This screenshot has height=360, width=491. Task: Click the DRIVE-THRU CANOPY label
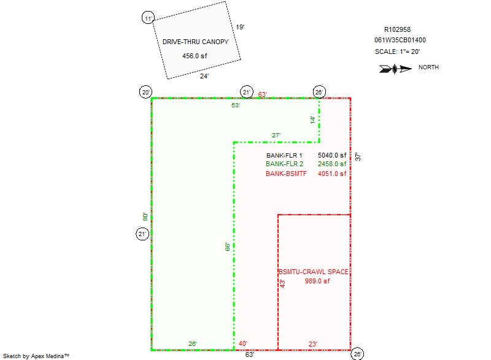point(195,42)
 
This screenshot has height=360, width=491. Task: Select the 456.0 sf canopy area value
point(195,56)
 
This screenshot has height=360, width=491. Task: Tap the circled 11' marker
point(147,18)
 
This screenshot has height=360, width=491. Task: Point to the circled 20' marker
point(145,93)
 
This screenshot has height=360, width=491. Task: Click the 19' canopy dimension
point(240,27)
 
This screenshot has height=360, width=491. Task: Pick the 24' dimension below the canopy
point(204,77)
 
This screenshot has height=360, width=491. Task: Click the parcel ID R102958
point(397,29)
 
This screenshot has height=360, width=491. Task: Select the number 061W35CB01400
point(400,40)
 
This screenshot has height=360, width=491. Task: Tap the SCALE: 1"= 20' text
point(398,52)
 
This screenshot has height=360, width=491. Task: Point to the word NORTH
point(428,68)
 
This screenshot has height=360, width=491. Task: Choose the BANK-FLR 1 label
point(284,155)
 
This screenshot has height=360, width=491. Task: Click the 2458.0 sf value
point(332,164)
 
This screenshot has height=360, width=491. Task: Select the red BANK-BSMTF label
point(286,174)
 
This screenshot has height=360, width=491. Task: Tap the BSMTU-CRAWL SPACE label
point(314,272)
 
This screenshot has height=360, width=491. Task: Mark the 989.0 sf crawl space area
point(317,281)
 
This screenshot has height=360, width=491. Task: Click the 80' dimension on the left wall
point(145,216)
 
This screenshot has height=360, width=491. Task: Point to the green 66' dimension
point(228,247)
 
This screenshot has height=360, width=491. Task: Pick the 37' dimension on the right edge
point(358,157)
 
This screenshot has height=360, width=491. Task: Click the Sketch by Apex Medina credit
point(36,356)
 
